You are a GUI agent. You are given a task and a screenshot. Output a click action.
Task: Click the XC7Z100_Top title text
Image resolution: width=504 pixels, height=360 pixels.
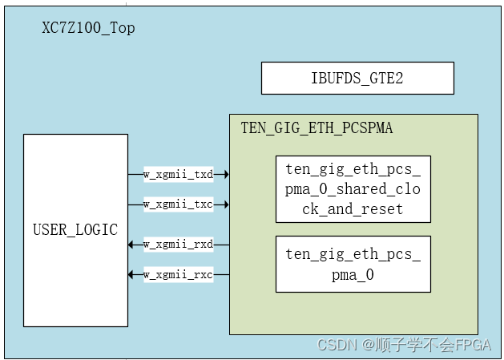tap(88, 28)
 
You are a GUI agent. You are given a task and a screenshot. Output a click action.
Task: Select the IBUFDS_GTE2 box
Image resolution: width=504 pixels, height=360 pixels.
tap(357, 79)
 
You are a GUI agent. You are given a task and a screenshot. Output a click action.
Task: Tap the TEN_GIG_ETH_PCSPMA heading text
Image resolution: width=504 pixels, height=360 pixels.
tap(317, 127)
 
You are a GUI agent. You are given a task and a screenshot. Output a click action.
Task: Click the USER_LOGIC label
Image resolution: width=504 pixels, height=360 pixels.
tap(75, 230)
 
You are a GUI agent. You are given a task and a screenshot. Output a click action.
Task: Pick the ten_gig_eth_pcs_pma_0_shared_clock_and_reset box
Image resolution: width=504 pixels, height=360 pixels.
tap(353, 189)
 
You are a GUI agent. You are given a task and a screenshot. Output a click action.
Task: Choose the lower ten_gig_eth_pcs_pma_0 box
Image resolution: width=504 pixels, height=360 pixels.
tap(353, 264)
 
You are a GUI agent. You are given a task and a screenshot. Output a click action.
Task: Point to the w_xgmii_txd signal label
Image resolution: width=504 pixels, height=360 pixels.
tap(178, 174)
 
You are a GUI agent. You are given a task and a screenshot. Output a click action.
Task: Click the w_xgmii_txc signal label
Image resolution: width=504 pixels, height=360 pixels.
tap(178, 204)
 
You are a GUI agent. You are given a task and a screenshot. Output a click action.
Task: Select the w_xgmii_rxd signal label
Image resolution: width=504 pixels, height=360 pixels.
tap(178, 244)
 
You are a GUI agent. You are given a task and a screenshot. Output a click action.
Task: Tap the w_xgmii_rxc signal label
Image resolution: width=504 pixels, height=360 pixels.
tap(178, 275)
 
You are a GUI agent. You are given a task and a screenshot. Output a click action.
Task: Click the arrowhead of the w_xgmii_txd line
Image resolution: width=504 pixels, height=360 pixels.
tap(226, 174)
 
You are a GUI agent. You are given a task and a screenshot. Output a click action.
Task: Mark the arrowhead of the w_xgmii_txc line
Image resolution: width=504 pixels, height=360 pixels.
tap(226, 204)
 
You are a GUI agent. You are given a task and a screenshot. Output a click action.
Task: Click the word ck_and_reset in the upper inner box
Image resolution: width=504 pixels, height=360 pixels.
tap(353, 209)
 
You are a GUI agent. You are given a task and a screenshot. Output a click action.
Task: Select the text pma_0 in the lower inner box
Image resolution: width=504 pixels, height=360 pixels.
tap(353, 274)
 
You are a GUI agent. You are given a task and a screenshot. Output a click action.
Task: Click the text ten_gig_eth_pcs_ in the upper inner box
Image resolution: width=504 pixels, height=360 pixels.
tap(353, 169)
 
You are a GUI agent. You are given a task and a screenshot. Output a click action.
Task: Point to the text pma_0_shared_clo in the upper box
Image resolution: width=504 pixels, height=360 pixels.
tap(353, 189)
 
